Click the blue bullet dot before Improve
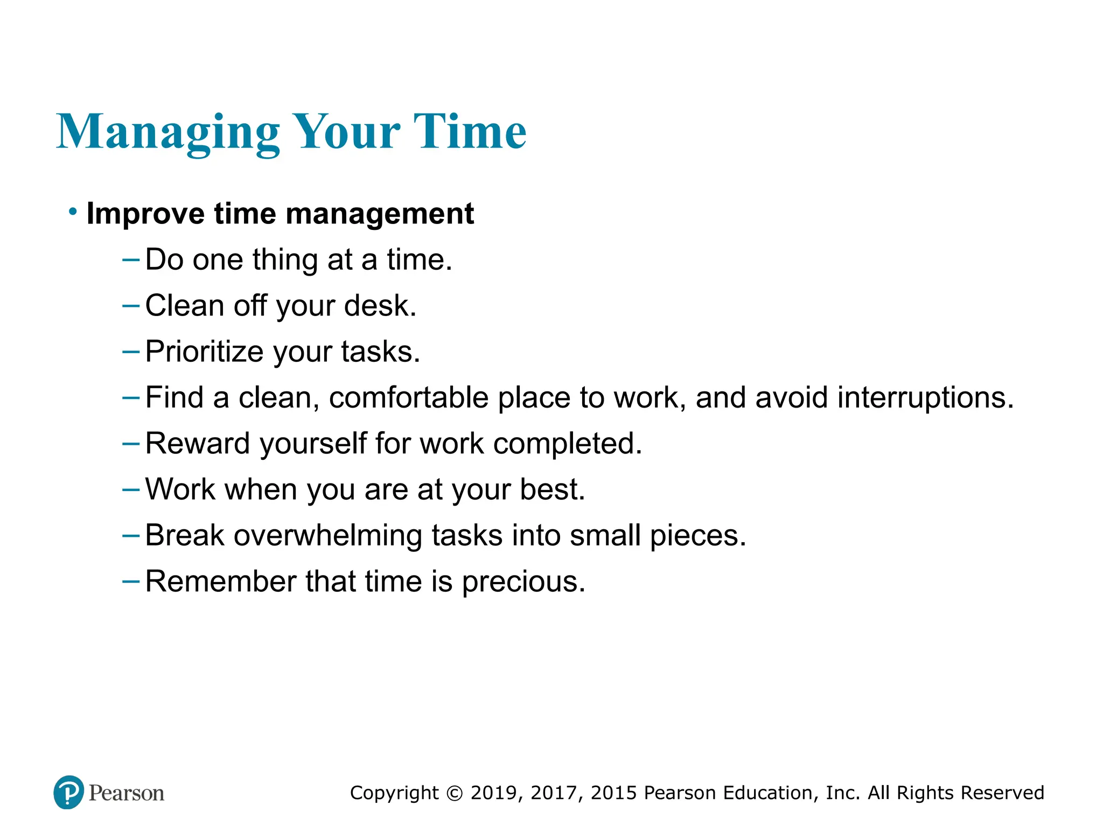[73, 212]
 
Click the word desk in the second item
[380, 305]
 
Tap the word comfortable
[409, 398]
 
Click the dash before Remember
[131, 581]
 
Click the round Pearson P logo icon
[69, 792]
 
